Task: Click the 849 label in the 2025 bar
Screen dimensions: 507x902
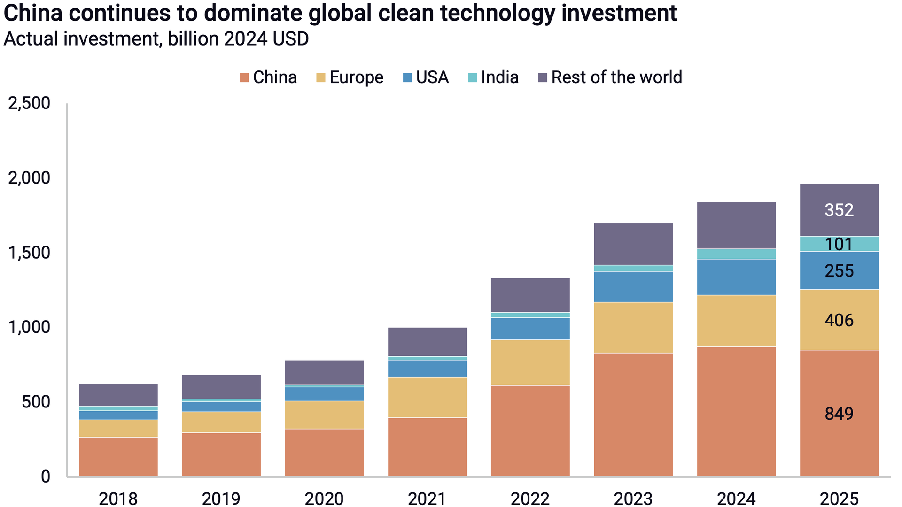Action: click(x=839, y=414)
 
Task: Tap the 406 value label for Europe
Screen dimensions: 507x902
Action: click(x=839, y=320)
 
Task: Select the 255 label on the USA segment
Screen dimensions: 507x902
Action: click(x=839, y=271)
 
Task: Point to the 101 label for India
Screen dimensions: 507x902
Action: click(x=839, y=244)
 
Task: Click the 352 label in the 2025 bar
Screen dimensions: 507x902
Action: click(x=839, y=210)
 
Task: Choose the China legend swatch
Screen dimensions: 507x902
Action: click(x=244, y=78)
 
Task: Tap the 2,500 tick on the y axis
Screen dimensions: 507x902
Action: click(x=29, y=103)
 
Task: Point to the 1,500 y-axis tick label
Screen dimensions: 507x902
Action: click(x=29, y=253)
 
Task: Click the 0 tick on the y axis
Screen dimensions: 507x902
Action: click(x=45, y=477)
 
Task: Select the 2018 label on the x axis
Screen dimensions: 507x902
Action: click(x=118, y=499)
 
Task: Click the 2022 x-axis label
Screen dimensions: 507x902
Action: click(x=530, y=499)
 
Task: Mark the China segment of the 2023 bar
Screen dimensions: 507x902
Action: click(x=633, y=415)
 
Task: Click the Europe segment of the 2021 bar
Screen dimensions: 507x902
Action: click(x=427, y=397)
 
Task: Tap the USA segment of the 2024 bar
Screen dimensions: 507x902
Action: click(x=736, y=277)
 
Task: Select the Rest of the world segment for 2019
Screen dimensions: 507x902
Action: click(x=221, y=387)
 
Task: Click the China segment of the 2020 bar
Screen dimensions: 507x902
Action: click(x=324, y=453)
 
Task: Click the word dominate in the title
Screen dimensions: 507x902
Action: click(x=254, y=13)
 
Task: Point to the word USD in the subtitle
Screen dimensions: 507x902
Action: click(x=290, y=39)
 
